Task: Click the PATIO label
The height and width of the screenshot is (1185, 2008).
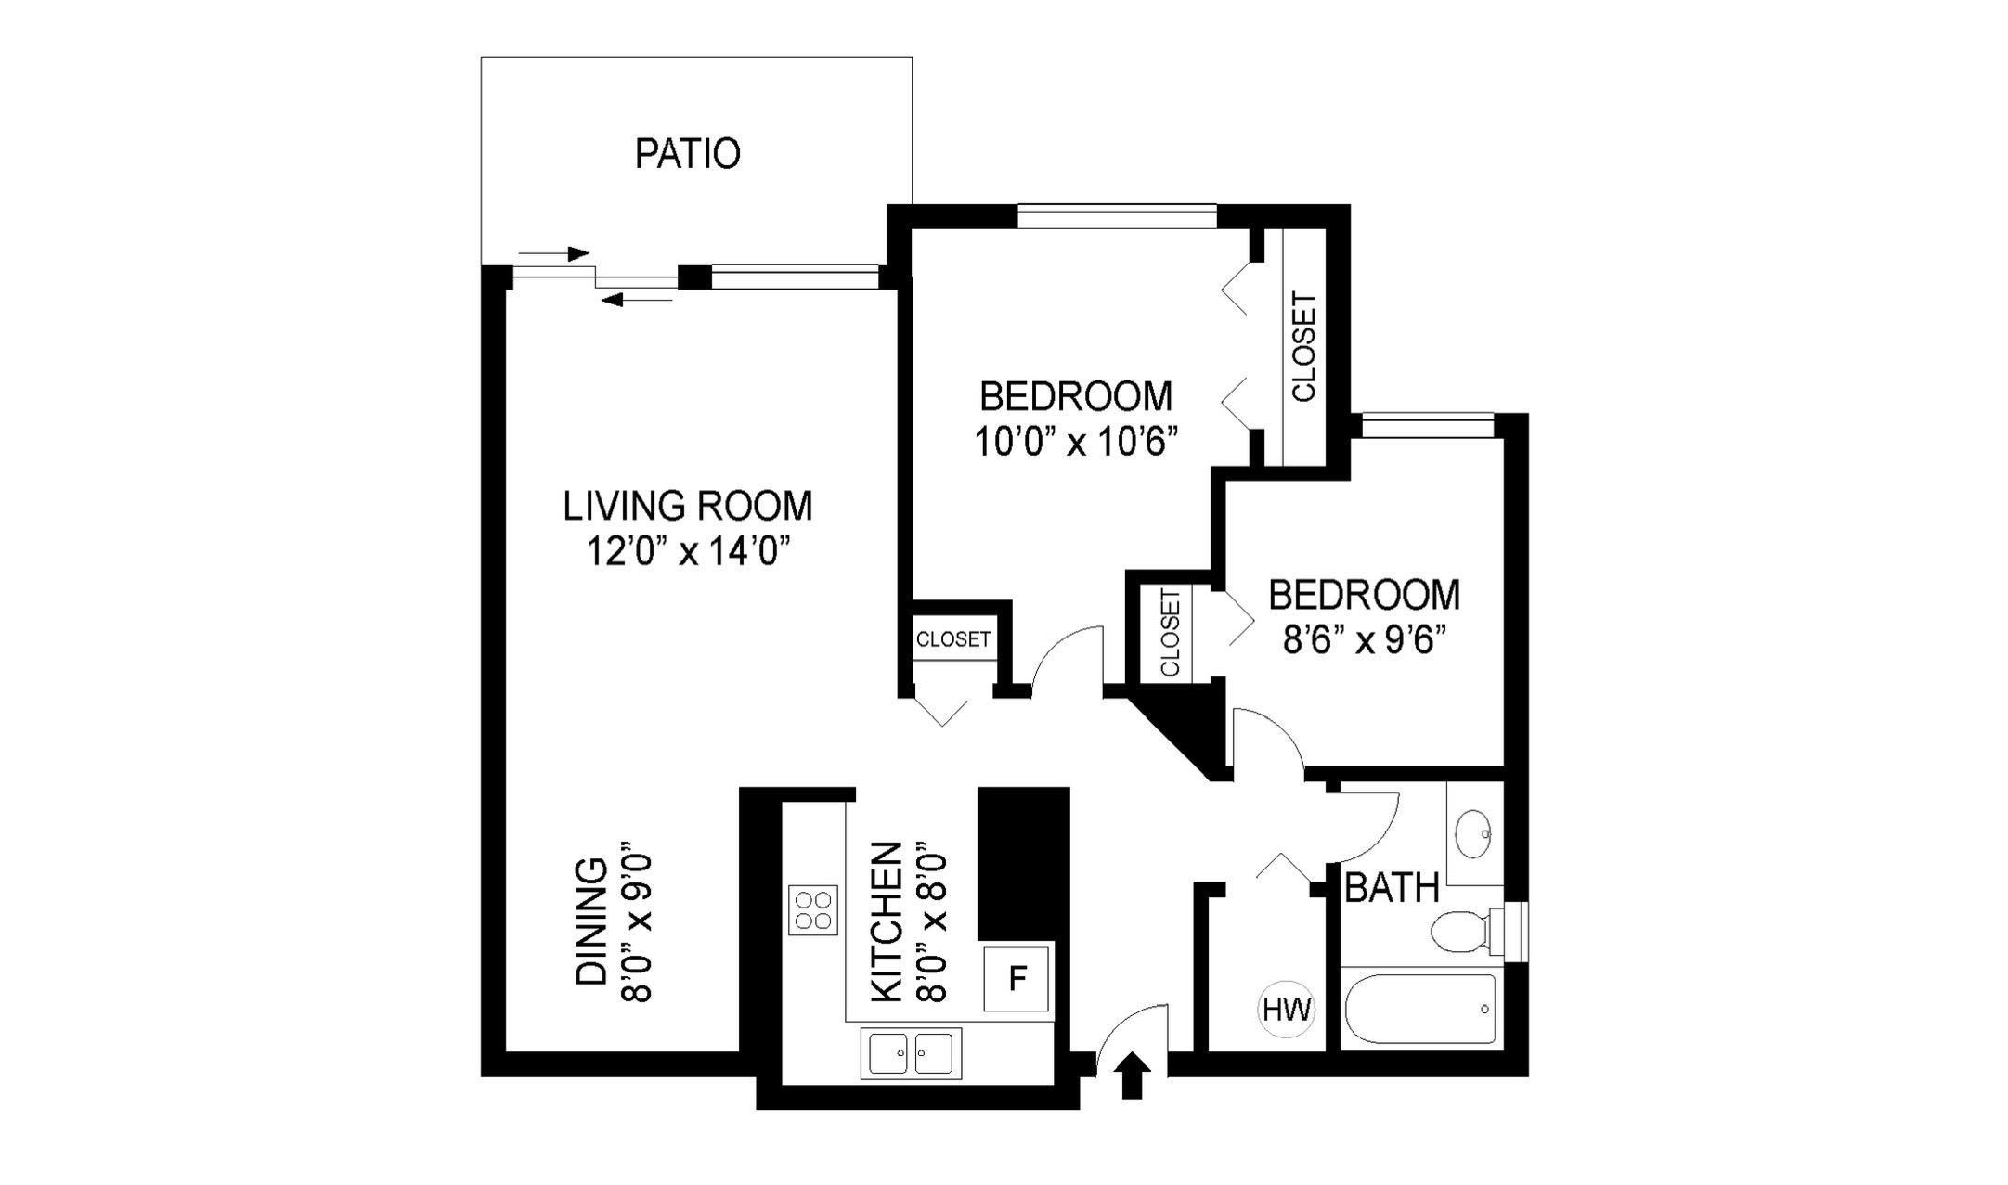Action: (x=687, y=154)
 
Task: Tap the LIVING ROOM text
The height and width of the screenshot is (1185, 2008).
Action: (x=688, y=507)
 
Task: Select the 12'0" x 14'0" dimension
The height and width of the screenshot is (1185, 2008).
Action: (x=688, y=553)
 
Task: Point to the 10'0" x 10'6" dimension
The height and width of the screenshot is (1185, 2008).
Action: (x=1076, y=443)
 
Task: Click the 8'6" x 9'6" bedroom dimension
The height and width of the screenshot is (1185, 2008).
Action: (x=1365, y=640)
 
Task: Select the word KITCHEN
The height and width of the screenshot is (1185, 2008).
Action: (x=887, y=921)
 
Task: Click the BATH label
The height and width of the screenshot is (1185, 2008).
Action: (x=1392, y=888)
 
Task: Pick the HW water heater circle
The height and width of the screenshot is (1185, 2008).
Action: (x=1287, y=1009)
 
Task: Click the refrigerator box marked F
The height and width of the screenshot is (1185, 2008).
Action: (x=1017, y=978)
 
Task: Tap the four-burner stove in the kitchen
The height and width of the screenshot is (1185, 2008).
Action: (x=813, y=909)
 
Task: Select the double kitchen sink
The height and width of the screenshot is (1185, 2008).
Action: (x=911, y=1053)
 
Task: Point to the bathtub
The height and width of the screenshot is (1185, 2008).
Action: (x=1420, y=1009)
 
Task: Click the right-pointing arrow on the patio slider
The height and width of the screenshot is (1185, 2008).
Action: (x=554, y=252)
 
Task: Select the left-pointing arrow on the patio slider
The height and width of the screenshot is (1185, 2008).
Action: (x=637, y=299)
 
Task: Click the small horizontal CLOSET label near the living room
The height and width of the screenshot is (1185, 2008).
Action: (x=953, y=638)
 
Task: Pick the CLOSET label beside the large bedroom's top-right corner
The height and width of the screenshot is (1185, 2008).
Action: (x=1303, y=347)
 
